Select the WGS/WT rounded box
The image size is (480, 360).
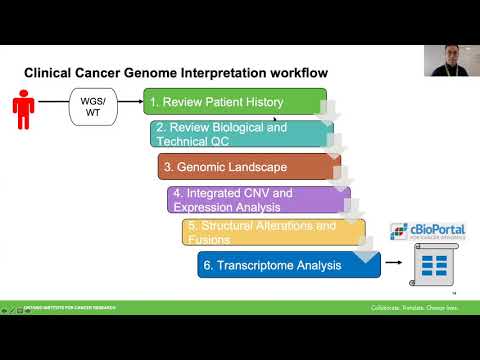[x=92, y=105]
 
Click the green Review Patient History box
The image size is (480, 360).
[x=235, y=102]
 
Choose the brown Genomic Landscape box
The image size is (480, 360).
[x=249, y=166]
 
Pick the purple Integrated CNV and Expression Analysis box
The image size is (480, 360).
[x=258, y=199]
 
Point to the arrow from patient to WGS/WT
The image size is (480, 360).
[x=53, y=105]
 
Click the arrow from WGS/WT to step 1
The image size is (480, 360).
[x=131, y=105]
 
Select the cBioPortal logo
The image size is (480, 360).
[x=427, y=233]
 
